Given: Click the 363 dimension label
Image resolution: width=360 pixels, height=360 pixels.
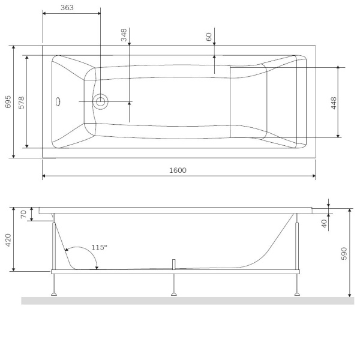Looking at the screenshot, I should pos(67,8).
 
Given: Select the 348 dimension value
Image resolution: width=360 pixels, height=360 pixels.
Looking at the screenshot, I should pos(124,35).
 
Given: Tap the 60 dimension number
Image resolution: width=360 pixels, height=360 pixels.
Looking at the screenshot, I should pos(209,37).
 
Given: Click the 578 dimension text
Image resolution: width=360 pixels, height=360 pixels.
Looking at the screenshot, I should pos(21,101).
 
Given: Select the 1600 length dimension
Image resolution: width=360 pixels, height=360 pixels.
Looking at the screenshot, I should pos(178,170).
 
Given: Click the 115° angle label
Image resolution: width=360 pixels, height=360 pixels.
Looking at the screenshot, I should pos(99,247).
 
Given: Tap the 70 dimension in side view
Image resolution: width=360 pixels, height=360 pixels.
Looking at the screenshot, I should pos(24,214).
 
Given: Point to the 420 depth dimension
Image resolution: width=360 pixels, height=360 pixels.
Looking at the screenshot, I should pos(8,240).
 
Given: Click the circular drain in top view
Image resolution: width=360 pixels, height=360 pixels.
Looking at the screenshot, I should pos(100,101).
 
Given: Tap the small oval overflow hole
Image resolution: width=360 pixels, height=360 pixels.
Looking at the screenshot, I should pos(58,101).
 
